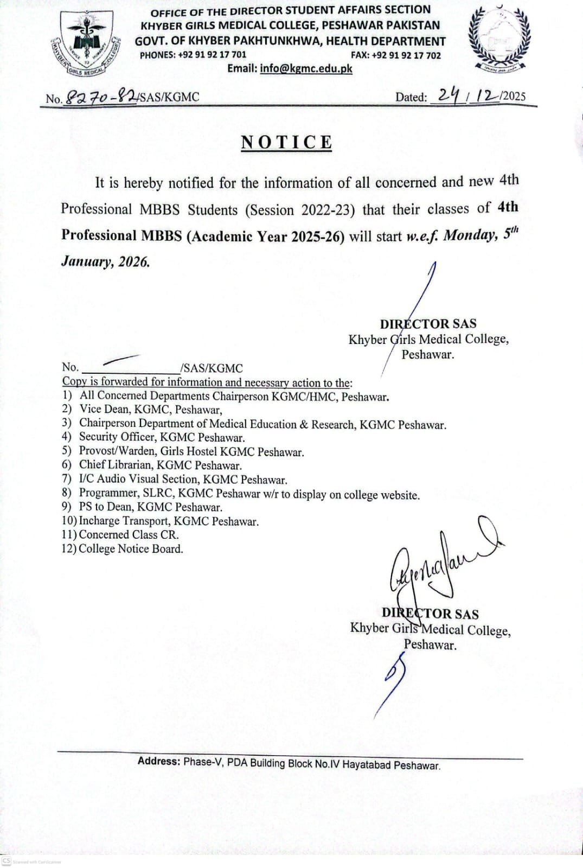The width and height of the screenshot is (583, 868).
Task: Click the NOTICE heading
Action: tap(286, 142)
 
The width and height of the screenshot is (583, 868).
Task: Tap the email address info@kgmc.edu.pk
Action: tap(306, 68)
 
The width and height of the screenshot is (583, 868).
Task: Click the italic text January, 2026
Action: tap(105, 261)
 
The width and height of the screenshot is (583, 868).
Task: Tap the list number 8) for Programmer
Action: tap(67, 493)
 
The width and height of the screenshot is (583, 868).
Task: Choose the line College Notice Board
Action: tap(131, 548)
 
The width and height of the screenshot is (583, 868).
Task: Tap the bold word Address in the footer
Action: tap(158, 761)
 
